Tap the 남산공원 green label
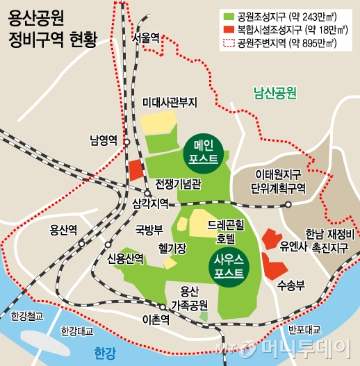pos(275,91)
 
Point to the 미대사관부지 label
pos(170,102)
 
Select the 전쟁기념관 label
pos(178,185)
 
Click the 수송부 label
pos(291,283)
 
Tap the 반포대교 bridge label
pos(304,329)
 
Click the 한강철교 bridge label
pos(27,317)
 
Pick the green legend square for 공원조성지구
pos(227,15)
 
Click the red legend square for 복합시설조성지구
pos(227,30)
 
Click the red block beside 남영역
pos(135,170)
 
